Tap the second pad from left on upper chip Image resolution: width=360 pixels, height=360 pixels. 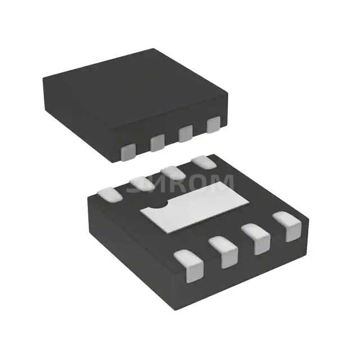click(157, 143)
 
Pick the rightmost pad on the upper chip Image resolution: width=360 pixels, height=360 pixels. click(213, 125)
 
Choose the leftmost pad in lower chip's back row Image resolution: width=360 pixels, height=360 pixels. click(110, 193)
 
